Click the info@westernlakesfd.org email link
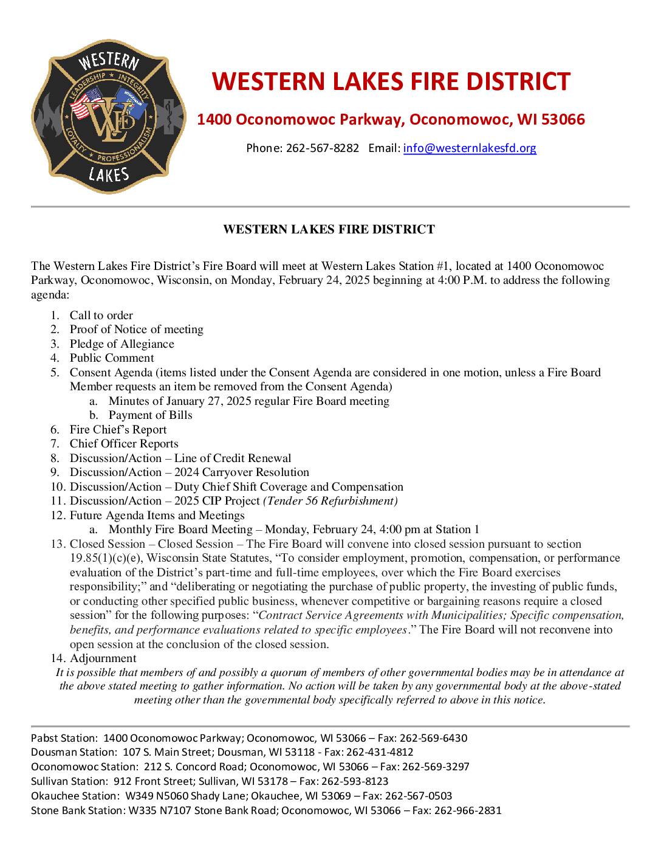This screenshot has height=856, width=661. tap(470, 148)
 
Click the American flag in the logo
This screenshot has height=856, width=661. tap(86, 103)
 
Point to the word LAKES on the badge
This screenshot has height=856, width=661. tap(109, 174)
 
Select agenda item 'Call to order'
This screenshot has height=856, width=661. tap(101, 315)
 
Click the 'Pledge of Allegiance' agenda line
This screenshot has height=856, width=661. tap(122, 343)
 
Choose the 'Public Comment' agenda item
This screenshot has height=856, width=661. tap(112, 358)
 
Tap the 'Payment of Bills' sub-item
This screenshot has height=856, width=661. tap(150, 415)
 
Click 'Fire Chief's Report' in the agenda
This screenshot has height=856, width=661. tap(118, 429)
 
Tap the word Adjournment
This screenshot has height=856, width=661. tap(103, 658)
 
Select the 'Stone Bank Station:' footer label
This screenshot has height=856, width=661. tap(77, 810)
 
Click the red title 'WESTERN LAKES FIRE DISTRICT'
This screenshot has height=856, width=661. tap(391, 81)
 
